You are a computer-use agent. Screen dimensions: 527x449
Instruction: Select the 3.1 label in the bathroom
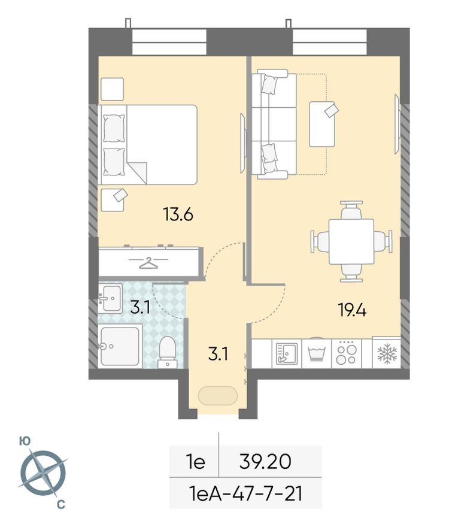pyautogui.click(x=139, y=308)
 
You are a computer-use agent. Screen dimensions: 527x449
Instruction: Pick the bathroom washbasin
pyautogui.click(x=111, y=298)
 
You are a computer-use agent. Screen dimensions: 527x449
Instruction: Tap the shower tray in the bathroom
pyautogui.click(x=120, y=346)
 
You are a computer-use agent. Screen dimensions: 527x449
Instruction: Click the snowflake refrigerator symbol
pyautogui.click(x=387, y=353)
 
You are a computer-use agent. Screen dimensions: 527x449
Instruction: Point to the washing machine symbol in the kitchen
pyautogui.click(x=315, y=353)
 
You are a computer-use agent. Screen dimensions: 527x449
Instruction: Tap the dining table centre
pyautogui.click(x=351, y=241)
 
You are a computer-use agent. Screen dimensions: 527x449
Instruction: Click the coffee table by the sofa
pyautogui.click(x=322, y=124)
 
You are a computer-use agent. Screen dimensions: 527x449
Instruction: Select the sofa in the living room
pyautogui.click(x=274, y=124)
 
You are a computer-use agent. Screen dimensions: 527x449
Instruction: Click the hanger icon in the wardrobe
pyautogui.click(x=148, y=262)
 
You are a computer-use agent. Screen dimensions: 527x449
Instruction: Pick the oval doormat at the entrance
pyautogui.click(x=217, y=396)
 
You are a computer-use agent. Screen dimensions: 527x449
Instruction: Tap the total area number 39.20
pyautogui.click(x=265, y=462)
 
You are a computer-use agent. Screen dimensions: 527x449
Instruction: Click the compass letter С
pyautogui.click(x=60, y=505)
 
